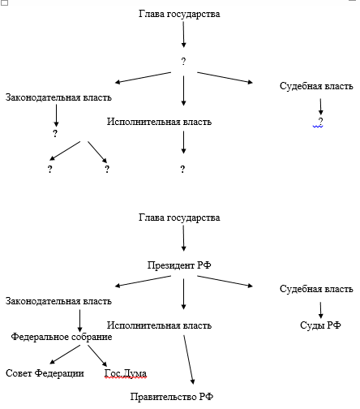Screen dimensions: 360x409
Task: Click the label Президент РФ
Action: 179,265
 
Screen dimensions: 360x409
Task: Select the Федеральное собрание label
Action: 62,337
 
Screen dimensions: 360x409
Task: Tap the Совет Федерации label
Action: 45,373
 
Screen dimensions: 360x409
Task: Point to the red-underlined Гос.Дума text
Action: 126,373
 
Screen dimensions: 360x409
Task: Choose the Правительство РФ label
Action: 172,397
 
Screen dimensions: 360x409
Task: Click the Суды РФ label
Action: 320,325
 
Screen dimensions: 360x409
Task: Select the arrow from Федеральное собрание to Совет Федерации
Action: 65,355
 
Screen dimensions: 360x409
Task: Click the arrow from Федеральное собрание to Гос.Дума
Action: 97,356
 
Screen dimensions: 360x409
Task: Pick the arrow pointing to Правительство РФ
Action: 189,359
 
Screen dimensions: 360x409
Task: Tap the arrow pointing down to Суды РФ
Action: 320,310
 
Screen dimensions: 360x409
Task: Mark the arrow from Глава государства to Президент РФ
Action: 183,238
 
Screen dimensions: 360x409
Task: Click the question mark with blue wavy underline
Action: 320,121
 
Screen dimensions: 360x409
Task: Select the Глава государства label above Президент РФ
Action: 179,217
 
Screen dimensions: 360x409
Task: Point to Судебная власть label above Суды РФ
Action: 316,289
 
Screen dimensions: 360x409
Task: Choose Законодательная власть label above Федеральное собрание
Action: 58,301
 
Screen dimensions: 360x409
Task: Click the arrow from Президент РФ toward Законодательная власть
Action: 144,281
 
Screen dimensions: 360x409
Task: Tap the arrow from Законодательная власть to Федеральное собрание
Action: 79,321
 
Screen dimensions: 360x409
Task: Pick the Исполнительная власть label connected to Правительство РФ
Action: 159,325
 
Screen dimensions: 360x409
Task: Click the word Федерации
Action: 59,373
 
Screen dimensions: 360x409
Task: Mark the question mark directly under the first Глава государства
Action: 183,62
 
